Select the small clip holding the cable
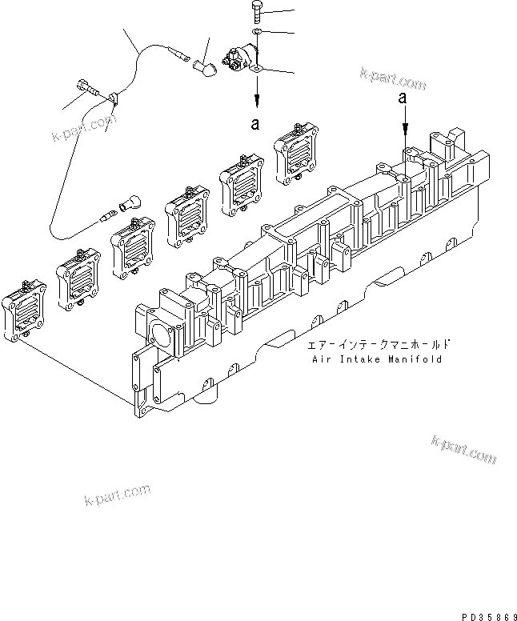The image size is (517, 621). tap(113, 100)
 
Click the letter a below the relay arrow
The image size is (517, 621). tap(255, 124)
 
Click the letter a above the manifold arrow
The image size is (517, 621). tap(407, 97)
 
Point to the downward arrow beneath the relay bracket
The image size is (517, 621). tap(255, 98)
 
